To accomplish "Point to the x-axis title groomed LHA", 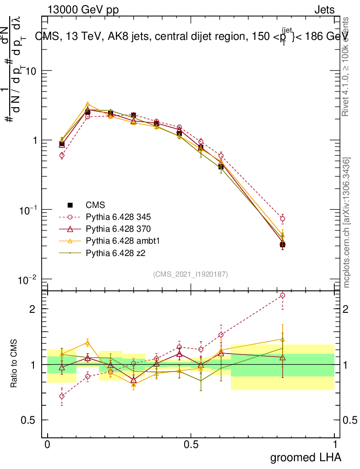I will (305, 457).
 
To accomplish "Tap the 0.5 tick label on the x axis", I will (191, 445).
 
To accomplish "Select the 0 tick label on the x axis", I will (47, 445).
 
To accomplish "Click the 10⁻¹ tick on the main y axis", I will (28, 210).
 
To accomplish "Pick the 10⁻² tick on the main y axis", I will (28, 279).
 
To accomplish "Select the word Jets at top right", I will (324, 10).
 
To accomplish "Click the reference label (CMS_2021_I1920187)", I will (191, 274).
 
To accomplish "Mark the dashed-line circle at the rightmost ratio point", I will (283, 295).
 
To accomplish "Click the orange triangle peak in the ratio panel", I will (87, 342).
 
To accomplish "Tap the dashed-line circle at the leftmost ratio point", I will (62, 396).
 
